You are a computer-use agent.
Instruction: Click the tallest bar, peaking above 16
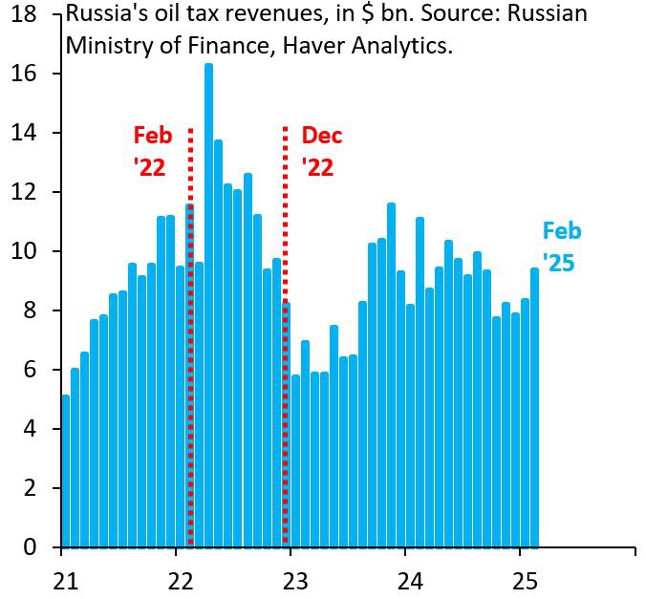coord(208,306)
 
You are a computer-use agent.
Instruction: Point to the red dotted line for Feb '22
coord(191,334)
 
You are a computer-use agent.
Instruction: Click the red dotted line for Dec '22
coord(286,334)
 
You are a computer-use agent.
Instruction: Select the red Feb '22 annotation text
coord(152,151)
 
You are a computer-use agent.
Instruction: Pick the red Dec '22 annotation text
coord(321,151)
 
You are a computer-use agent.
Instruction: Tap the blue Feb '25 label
coord(561,246)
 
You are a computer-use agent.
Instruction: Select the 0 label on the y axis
coord(32,547)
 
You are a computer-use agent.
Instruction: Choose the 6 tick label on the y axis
coord(32,370)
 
